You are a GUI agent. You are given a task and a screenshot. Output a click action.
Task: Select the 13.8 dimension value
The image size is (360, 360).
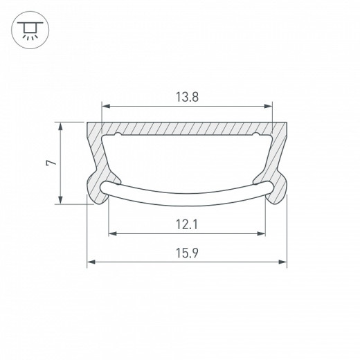point(188,98)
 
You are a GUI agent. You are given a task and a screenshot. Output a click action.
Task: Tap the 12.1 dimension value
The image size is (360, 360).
point(188,224)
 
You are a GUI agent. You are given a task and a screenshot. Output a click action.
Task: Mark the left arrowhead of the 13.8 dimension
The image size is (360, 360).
point(106,107)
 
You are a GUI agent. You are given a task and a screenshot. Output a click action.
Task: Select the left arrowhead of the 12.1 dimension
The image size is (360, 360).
point(111,233)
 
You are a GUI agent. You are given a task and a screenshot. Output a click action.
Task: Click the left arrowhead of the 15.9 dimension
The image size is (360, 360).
point(91,262)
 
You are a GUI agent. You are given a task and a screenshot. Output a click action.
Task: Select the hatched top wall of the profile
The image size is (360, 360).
point(187,129)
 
